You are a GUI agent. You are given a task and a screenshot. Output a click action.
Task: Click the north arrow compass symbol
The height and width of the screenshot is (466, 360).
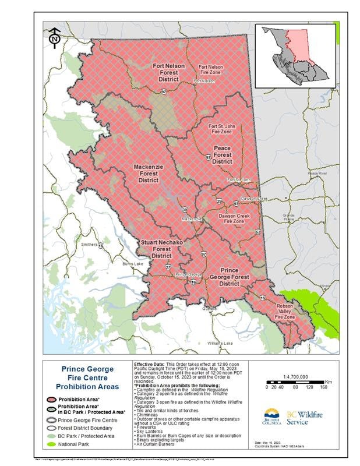(x=54, y=36)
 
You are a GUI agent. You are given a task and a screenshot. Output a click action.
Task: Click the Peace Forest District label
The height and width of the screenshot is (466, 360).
(x=222, y=155)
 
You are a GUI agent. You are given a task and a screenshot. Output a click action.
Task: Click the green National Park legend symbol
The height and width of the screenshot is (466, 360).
(x=51, y=445)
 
